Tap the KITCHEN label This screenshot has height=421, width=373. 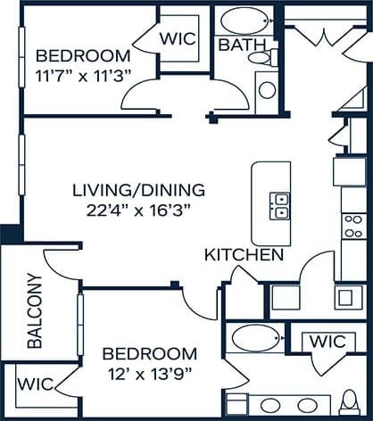(245, 255)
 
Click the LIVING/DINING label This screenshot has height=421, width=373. (138, 190)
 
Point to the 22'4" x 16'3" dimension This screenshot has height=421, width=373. (138, 211)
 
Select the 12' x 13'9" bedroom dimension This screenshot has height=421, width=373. (149, 374)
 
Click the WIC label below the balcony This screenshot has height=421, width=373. (35, 384)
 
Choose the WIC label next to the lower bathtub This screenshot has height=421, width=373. (326, 342)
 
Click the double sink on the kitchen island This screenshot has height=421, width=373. (280, 206)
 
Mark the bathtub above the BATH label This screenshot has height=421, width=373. (245, 20)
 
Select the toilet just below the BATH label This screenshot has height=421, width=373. (259, 58)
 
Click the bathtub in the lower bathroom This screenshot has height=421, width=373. (255, 341)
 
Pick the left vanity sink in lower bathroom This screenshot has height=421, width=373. (270, 404)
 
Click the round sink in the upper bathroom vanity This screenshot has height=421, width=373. (267, 88)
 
